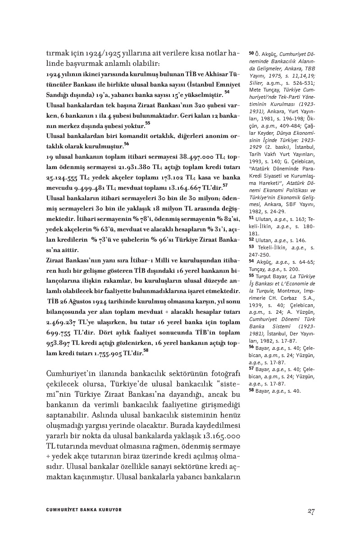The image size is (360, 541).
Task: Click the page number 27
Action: tap(310, 511)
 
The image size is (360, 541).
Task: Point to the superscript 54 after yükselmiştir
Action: tap(227, 92)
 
